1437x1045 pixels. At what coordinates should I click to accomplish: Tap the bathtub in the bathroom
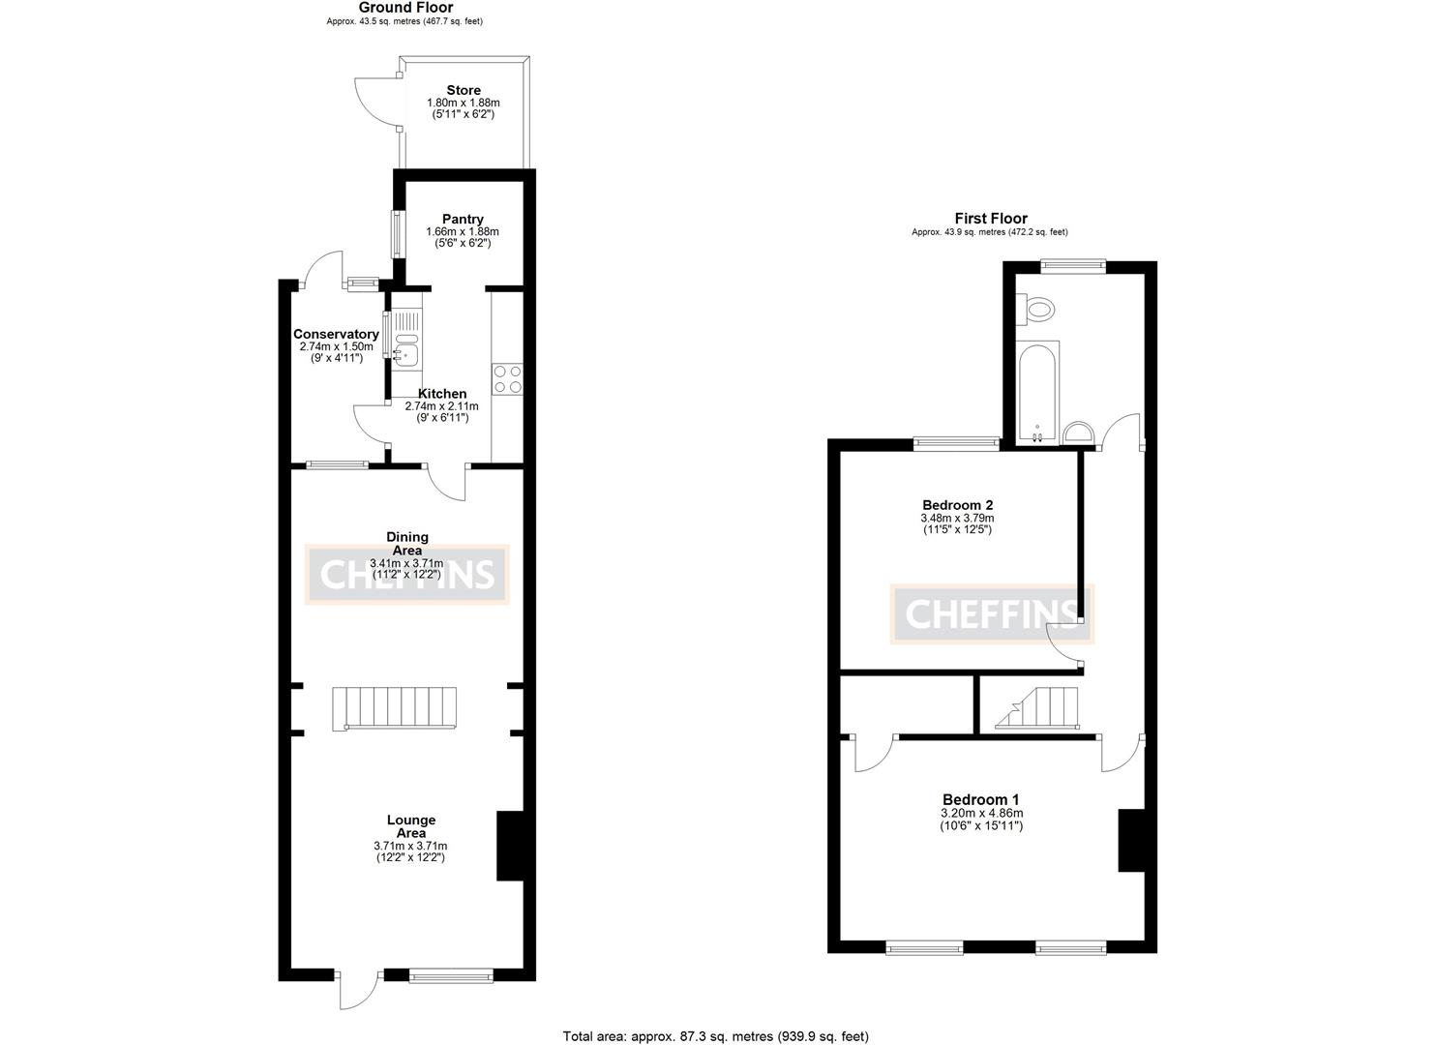pyautogui.click(x=1038, y=392)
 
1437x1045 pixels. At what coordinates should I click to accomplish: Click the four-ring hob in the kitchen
pyautogui.click(x=507, y=378)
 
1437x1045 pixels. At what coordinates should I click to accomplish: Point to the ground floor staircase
pyautogui.click(x=396, y=707)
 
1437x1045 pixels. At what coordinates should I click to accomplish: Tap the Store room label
pyautogui.click(x=464, y=90)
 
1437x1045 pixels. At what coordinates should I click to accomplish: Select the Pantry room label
pyautogui.click(x=463, y=219)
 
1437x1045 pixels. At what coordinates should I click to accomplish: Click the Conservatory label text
pyautogui.click(x=336, y=334)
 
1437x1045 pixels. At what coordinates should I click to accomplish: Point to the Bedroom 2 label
pyautogui.click(x=957, y=504)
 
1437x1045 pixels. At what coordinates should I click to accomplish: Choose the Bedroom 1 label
pyautogui.click(x=981, y=799)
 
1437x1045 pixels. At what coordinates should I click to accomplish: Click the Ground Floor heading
pyautogui.click(x=405, y=8)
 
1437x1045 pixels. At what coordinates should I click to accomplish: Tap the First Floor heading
pyautogui.click(x=990, y=219)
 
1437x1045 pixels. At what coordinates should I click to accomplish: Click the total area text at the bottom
pyautogui.click(x=716, y=1035)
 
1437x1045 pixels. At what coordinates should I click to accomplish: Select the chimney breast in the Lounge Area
pyautogui.click(x=509, y=846)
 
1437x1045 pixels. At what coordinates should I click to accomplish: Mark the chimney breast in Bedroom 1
pyautogui.click(x=1130, y=840)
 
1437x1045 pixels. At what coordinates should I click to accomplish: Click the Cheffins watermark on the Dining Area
pyautogui.click(x=407, y=575)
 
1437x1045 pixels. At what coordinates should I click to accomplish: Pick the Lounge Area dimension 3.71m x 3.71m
pyautogui.click(x=410, y=846)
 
